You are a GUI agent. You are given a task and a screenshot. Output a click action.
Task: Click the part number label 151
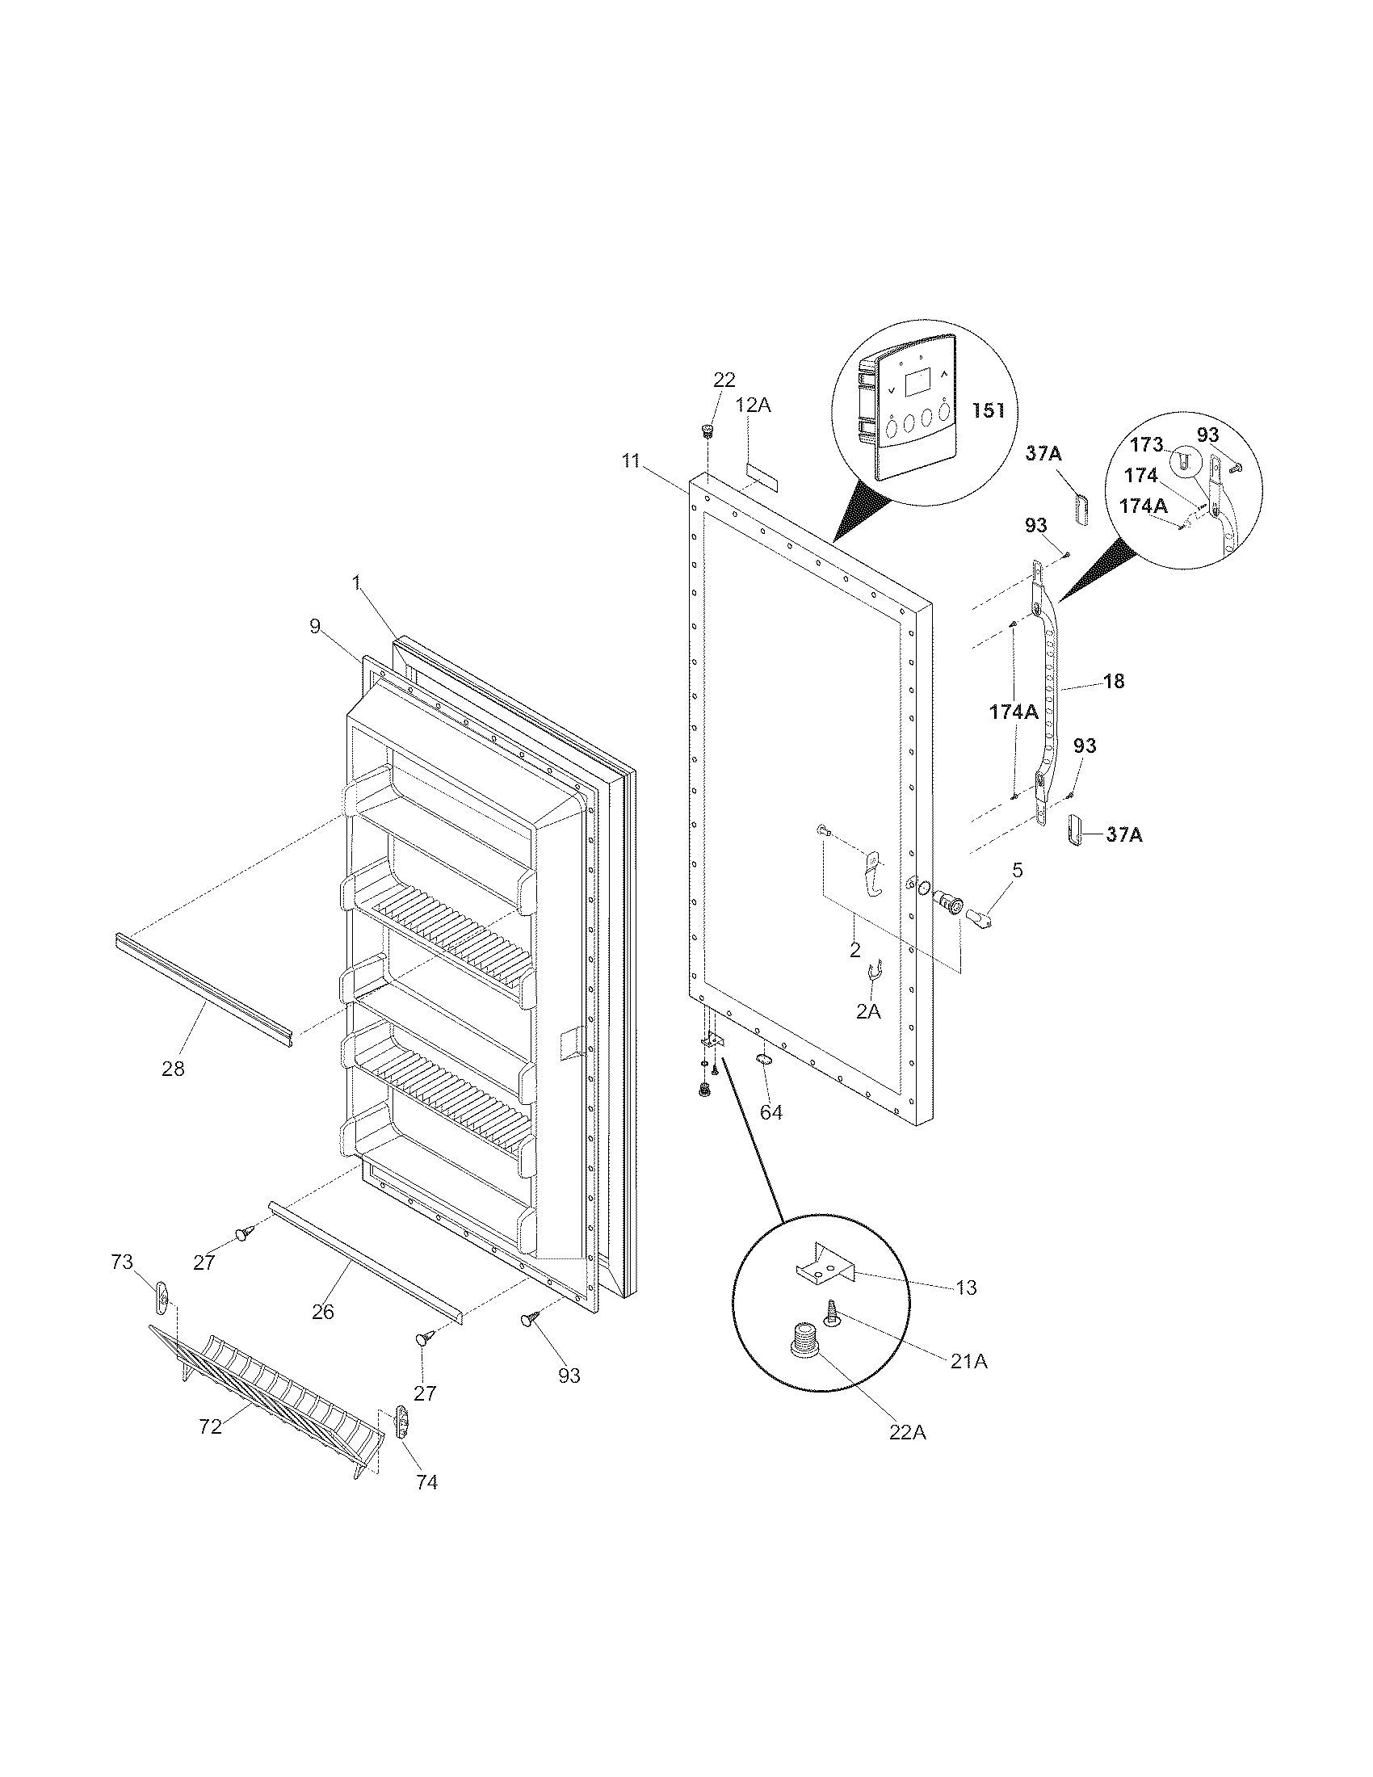pos(989,410)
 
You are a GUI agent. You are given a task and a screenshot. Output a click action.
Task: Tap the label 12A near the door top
pos(754,405)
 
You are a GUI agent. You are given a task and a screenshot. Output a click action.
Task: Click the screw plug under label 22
pos(707,429)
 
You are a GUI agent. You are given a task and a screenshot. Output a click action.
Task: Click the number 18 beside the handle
pos(1114,681)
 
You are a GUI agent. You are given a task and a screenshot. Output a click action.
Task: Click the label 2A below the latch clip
pos(869,1010)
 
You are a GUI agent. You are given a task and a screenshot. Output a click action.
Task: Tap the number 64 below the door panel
pos(771,1111)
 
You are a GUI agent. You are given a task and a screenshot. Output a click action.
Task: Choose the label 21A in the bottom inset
pos(968,1360)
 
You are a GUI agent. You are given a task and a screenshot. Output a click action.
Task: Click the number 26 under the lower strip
pos(323,1312)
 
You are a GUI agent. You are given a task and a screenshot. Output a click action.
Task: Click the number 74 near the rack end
pos(426,1482)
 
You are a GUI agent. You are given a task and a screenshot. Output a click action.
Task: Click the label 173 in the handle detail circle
pos(1147,446)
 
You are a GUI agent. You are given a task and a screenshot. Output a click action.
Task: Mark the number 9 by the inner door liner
pos(315,626)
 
